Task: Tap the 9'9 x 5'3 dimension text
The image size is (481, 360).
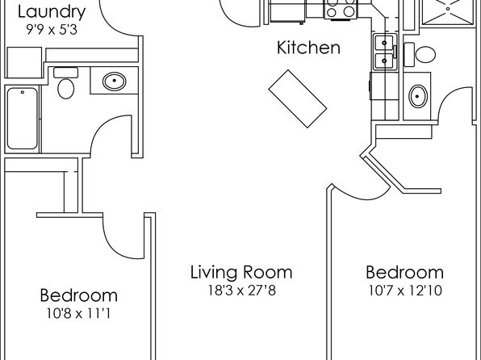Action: (52, 30)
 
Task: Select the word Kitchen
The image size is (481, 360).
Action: (308, 48)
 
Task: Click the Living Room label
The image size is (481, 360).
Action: (241, 273)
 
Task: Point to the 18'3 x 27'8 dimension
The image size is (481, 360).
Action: (242, 291)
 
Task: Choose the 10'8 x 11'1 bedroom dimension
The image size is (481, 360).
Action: (78, 314)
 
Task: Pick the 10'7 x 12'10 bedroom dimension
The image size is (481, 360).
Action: (405, 291)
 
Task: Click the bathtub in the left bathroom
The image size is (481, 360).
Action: (23, 119)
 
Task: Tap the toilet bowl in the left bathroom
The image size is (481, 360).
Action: (65, 89)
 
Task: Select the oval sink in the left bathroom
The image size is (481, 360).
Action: (114, 81)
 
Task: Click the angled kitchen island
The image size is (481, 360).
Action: (298, 98)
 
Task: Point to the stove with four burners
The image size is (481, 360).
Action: (341, 9)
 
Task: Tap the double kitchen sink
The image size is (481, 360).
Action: (385, 52)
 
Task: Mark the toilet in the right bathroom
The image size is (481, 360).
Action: (420, 55)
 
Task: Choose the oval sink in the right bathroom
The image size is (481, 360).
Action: (418, 96)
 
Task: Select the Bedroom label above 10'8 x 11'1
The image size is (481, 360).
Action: (79, 295)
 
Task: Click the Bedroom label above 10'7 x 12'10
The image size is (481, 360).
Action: (405, 273)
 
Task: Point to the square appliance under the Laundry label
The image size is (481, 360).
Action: (24, 63)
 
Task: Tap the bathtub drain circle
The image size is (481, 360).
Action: (23, 92)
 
